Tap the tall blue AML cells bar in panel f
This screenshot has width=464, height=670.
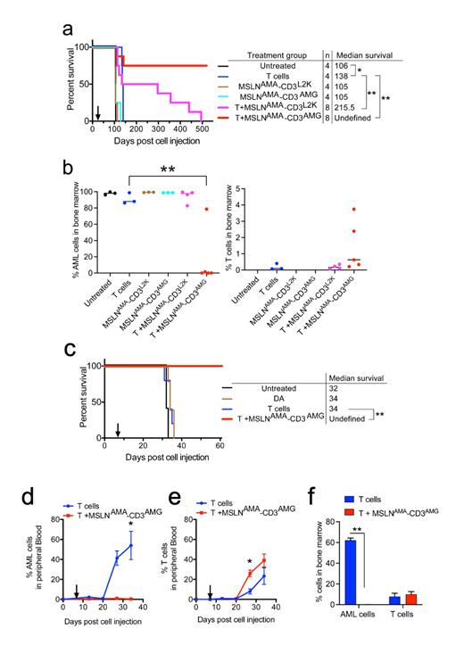point(357,570)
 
